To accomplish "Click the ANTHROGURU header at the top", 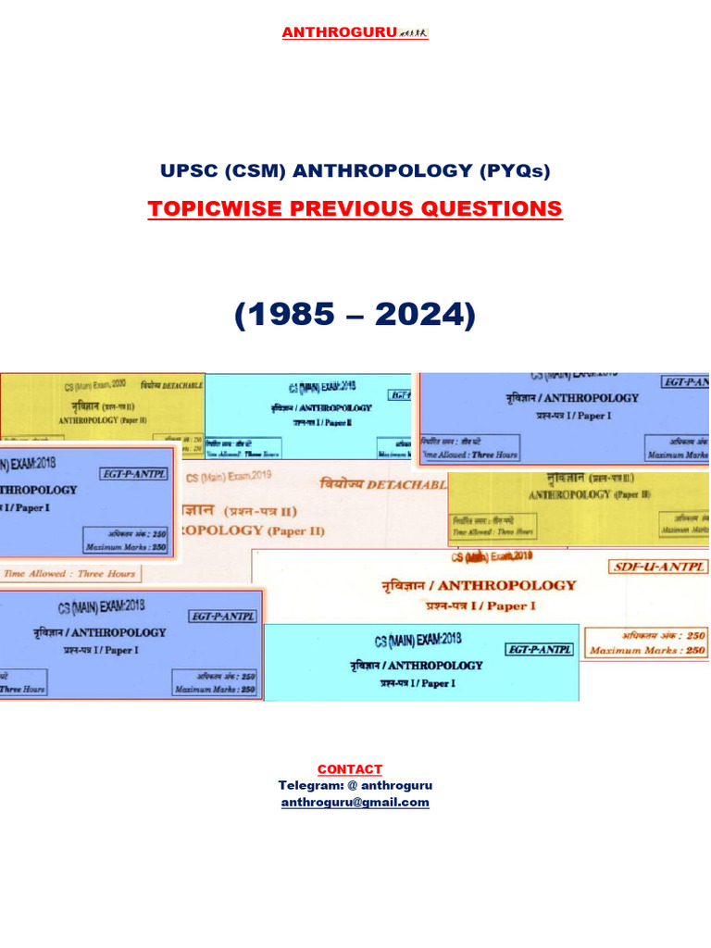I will pos(341,33).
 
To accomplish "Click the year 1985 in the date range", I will pos(284,316).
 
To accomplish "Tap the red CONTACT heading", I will pos(349,769).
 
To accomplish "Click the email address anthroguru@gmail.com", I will pos(355,803).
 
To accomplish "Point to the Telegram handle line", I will pos(355,786).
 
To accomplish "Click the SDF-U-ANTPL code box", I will pos(657,567).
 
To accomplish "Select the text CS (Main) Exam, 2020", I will pos(94,386).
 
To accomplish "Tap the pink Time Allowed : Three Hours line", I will pos(69,574).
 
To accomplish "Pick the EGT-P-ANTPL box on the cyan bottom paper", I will pos(540,649).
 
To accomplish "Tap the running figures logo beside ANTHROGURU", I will pos(413,33).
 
